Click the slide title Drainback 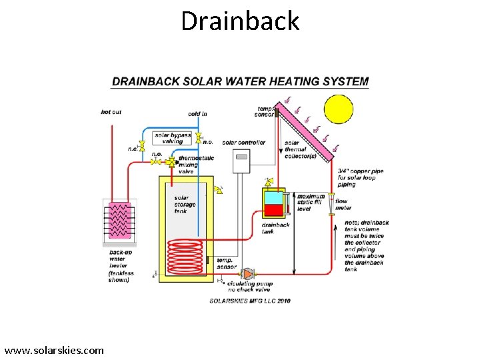(240, 21)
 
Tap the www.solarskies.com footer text (54, 349)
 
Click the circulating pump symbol (247, 273)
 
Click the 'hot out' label (111, 112)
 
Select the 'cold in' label (197, 114)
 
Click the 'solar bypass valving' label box (173, 138)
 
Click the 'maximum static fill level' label (311, 203)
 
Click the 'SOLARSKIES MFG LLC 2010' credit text (249, 301)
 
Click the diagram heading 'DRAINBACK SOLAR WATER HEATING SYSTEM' (240, 81)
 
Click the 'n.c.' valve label (132, 149)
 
